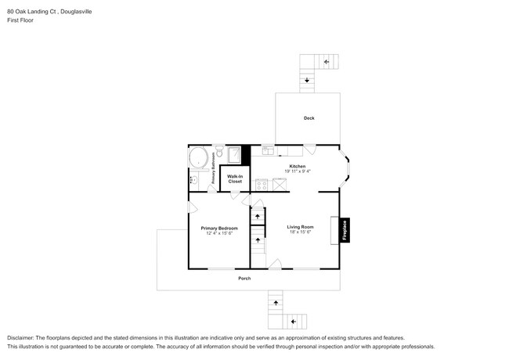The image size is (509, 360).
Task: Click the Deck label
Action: click(x=309, y=118)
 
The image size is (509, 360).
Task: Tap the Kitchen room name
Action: click(x=297, y=166)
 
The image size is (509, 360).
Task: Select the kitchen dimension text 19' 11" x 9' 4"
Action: click(x=297, y=171)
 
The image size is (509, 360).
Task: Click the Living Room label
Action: click(x=300, y=227)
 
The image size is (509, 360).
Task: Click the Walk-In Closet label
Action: click(x=235, y=179)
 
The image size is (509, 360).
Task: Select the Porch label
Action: click(x=245, y=279)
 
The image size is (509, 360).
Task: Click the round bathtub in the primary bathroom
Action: click(x=200, y=159)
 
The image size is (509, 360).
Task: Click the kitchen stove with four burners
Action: click(x=262, y=185)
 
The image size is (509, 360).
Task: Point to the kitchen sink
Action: click(x=269, y=149)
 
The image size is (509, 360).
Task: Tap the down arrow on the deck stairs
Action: click(x=306, y=79)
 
